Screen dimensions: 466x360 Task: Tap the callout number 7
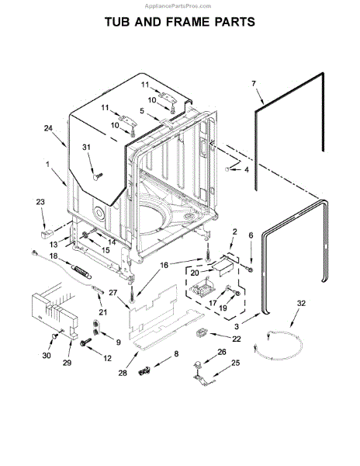(x=252, y=82)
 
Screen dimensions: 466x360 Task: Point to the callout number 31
(x=87, y=148)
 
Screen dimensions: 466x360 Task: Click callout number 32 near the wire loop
(x=301, y=302)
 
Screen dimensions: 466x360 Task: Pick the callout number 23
(x=40, y=203)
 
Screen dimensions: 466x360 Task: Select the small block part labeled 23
(x=46, y=230)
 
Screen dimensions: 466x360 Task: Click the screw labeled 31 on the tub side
(x=95, y=176)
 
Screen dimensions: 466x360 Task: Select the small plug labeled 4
(x=228, y=167)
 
